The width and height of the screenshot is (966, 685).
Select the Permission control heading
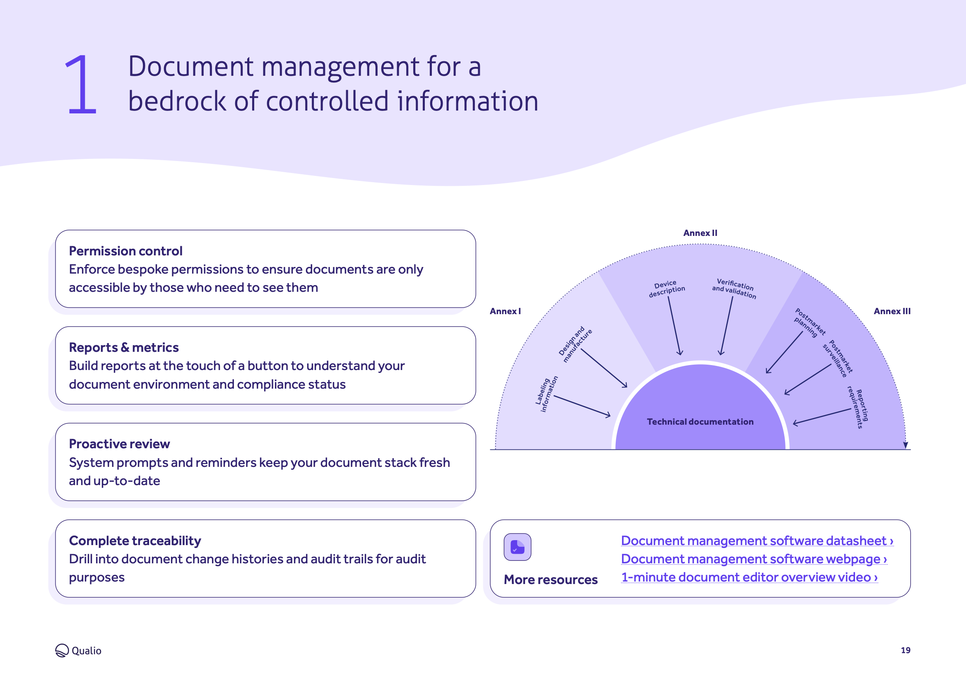tap(126, 251)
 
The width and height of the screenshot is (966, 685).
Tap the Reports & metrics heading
tap(124, 347)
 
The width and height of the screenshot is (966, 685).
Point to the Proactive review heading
tap(119, 444)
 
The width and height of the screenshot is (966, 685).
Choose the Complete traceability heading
tap(135, 541)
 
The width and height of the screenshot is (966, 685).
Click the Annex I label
tap(505, 311)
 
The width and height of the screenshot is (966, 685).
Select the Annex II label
tap(700, 233)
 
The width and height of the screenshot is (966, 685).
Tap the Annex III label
tap(892, 311)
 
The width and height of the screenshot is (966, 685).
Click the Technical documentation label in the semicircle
tap(700, 422)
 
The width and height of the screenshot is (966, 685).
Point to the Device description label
tap(667, 288)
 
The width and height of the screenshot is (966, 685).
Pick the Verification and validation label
tap(735, 288)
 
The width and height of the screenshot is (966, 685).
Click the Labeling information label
tap(547, 394)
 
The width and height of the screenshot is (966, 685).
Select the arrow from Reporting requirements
tap(822, 417)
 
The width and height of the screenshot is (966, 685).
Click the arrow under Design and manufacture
tap(604, 368)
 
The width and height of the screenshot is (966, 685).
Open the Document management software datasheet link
tap(757, 541)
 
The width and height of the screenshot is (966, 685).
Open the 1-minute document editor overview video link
tap(749, 577)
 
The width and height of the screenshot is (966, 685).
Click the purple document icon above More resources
tap(518, 547)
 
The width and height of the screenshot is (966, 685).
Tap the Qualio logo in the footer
tap(78, 650)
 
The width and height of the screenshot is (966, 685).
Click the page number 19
tap(905, 650)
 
